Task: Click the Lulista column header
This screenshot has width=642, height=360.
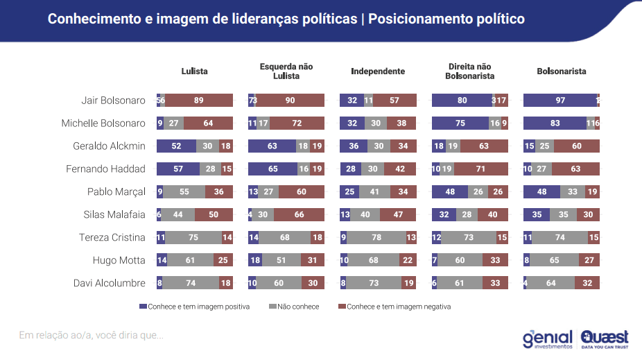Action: [x=194, y=71]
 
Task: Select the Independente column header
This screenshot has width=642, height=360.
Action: [x=378, y=71]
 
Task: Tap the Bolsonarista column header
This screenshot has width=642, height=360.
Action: [x=562, y=71]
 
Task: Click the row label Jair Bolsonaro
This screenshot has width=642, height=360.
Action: [x=113, y=101]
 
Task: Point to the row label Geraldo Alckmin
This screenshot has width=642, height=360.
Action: [x=109, y=146]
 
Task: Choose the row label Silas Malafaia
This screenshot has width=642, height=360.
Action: [x=114, y=214]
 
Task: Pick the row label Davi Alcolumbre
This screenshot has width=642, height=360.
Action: [x=110, y=283]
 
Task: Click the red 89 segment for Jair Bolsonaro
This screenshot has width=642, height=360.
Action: [x=199, y=101]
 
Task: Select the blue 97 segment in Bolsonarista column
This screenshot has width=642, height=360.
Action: [x=559, y=101]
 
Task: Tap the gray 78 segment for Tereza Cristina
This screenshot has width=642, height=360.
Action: [x=376, y=237]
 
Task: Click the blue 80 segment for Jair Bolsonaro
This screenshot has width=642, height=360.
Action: [x=462, y=101]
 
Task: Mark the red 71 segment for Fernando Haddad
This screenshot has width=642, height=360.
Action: [x=481, y=169]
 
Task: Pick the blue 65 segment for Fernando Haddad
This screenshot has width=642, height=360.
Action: [x=272, y=169]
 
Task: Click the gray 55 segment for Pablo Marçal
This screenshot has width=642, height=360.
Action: [x=184, y=191]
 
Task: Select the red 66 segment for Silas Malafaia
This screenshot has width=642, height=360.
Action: [x=299, y=214]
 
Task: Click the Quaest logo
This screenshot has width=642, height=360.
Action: [x=605, y=338]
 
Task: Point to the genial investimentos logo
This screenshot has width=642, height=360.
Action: [x=547, y=338]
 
